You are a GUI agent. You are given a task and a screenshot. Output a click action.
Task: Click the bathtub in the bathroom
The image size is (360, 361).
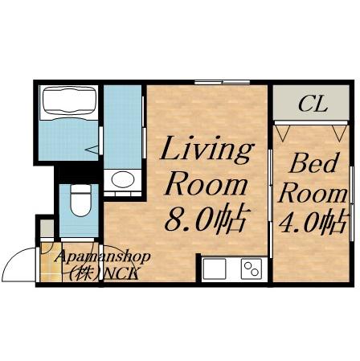[x=68, y=103]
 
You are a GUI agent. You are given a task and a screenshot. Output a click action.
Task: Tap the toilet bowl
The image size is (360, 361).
[x=80, y=200]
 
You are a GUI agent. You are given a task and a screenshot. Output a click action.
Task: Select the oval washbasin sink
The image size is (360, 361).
[x=123, y=179]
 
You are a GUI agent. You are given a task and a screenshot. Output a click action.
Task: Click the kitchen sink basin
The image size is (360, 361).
[x=215, y=269]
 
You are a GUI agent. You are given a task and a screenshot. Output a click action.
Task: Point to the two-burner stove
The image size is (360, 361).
[x=252, y=269]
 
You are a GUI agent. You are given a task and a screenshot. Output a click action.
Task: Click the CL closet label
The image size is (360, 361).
[x=313, y=104]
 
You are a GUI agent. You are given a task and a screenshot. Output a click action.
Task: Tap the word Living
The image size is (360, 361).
[x=207, y=149]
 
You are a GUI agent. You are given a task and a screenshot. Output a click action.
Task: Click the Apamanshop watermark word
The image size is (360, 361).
[x=102, y=257]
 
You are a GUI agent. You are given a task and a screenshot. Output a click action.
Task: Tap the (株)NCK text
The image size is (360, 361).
[x=104, y=273]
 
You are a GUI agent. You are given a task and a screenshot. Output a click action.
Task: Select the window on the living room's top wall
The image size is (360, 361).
[x=222, y=82]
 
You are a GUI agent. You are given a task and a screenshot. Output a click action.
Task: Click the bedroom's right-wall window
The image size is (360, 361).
[x=352, y=203]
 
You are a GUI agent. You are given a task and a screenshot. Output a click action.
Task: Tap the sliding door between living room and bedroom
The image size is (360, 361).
[x=270, y=203]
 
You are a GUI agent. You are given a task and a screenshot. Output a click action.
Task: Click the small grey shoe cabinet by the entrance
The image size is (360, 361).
[x=47, y=228]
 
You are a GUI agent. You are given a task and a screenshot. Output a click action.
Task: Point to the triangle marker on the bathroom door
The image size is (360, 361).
[x=92, y=150]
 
